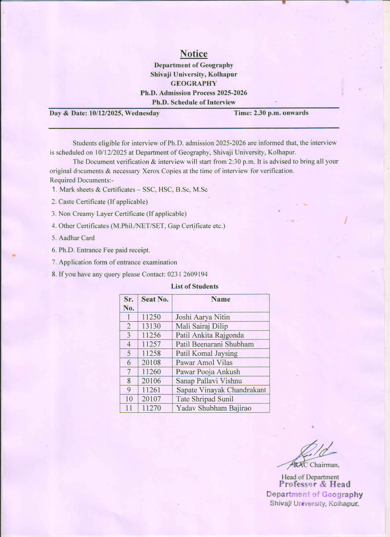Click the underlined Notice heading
(x=194, y=54)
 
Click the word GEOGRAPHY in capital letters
(x=194, y=84)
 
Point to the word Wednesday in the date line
(x=142, y=113)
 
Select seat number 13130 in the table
(x=151, y=326)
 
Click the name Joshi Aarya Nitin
(x=202, y=317)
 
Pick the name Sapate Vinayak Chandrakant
(x=221, y=390)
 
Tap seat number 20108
(x=151, y=362)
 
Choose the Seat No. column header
(x=155, y=299)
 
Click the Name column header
(x=221, y=299)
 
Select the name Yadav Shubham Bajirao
(x=214, y=408)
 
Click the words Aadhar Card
(x=77, y=238)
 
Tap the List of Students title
(x=195, y=287)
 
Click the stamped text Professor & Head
(x=314, y=484)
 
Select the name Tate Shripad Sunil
(x=205, y=399)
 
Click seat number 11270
(x=151, y=408)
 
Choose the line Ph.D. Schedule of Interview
(x=194, y=102)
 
